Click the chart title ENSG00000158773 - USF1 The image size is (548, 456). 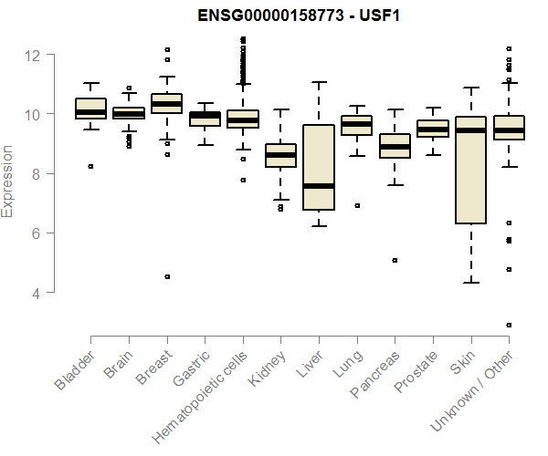[299, 16]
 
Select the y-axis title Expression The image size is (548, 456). [8, 180]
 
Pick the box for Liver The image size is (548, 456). [319, 167]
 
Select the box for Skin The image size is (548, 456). [470, 170]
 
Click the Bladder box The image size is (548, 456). [90, 109]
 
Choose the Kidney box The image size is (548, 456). [280, 155]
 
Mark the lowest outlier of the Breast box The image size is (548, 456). [167, 276]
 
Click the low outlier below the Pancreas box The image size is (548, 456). [395, 260]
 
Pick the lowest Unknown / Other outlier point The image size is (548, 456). [509, 325]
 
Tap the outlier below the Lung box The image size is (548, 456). [357, 205]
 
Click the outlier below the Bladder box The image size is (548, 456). [90, 166]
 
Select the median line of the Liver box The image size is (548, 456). [319, 186]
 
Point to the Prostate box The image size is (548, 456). [433, 129]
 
